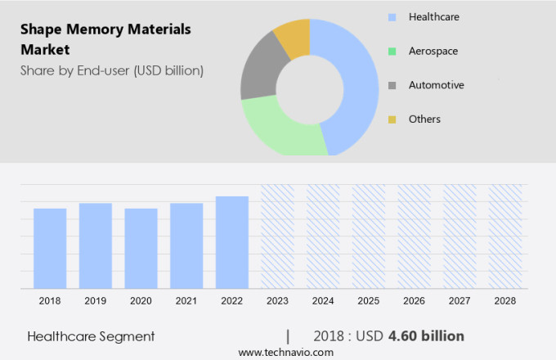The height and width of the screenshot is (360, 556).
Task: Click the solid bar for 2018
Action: (x=50, y=248)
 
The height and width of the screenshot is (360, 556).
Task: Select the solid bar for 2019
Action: (x=96, y=245)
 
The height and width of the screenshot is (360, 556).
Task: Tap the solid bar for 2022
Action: (x=231, y=242)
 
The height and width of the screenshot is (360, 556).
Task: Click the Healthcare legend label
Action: (x=433, y=16)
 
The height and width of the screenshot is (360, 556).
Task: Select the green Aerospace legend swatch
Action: (x=392, y=51)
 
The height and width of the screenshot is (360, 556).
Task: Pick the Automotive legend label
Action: (x=436, y=85)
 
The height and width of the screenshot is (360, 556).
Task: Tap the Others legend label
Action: (x=424, y=119)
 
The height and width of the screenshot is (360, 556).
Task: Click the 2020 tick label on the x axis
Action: (x=141, y=301)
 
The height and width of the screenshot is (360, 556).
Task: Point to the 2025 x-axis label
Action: (x=368, y=301)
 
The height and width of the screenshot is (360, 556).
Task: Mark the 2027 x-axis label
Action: (x=459, y=301)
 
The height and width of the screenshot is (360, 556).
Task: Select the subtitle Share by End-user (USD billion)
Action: (x=112, y=70)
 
